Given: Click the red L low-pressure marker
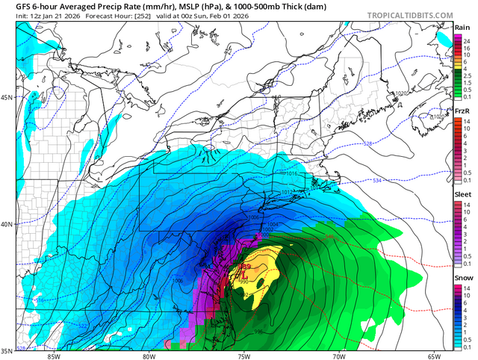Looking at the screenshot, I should click(x=245, y=275).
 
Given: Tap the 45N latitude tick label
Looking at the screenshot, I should click(x=7, y=98).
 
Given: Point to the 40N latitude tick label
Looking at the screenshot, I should click(x=7, y=224).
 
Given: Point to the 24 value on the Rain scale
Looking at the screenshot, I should click(x=468, y=39).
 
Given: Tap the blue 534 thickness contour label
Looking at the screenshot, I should click(x=376, y=180).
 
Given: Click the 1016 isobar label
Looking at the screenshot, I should click(x=293, y=173).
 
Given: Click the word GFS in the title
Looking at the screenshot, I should click(x=12, y=7).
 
